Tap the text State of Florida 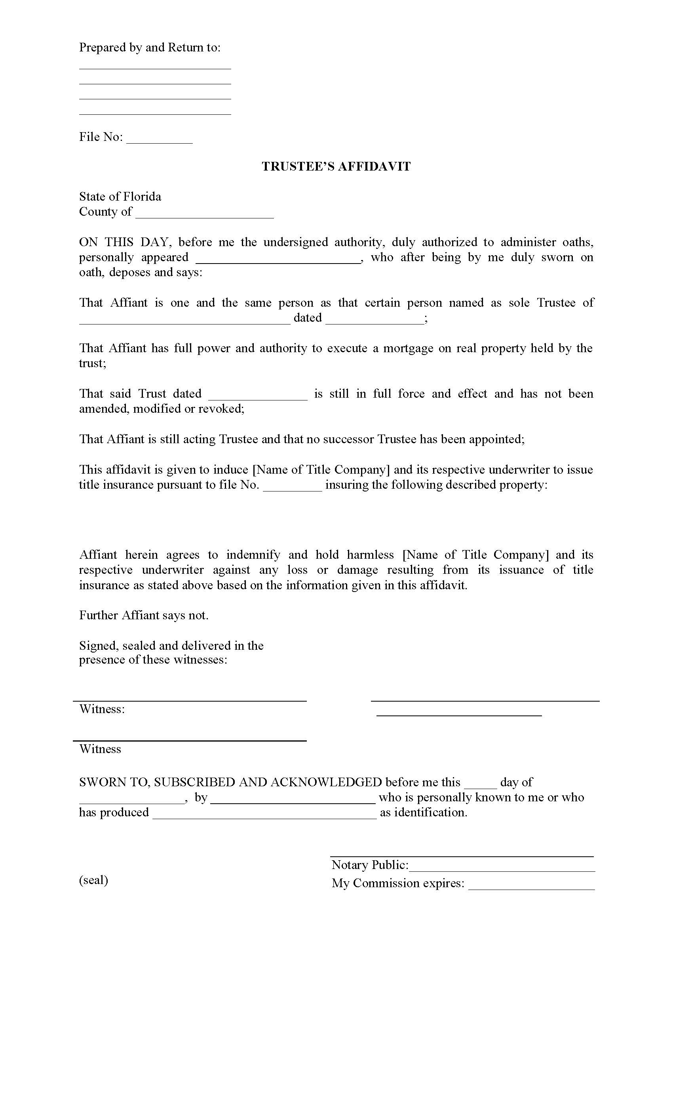click(120, 197)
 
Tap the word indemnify click(253, 555)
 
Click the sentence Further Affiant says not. click(143, 616)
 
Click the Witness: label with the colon click(102, 709)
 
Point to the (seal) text click(93, 880)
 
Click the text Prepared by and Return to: click(150, 47)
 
